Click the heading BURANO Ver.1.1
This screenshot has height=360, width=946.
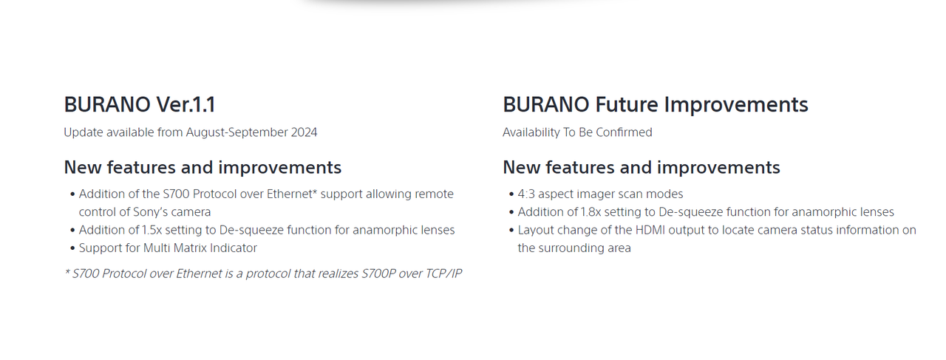[140, 104]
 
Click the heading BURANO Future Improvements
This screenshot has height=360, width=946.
[655, 105]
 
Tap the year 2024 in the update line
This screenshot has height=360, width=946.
[304, 132]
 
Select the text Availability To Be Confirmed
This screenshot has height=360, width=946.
[577, 132]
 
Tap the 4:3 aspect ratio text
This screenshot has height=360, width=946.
[526, 194]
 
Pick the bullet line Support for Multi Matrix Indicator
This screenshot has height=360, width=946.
[168, 248]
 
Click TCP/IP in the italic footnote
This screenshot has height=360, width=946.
[443, 274]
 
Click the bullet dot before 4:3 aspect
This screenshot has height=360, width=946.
[511, 194]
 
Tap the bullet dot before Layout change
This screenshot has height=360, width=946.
[511, 231]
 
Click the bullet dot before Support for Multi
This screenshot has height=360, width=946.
[72, 248]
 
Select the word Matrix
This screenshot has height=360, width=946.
[190, 248]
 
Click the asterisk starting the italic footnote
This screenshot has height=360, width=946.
[67, 271]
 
